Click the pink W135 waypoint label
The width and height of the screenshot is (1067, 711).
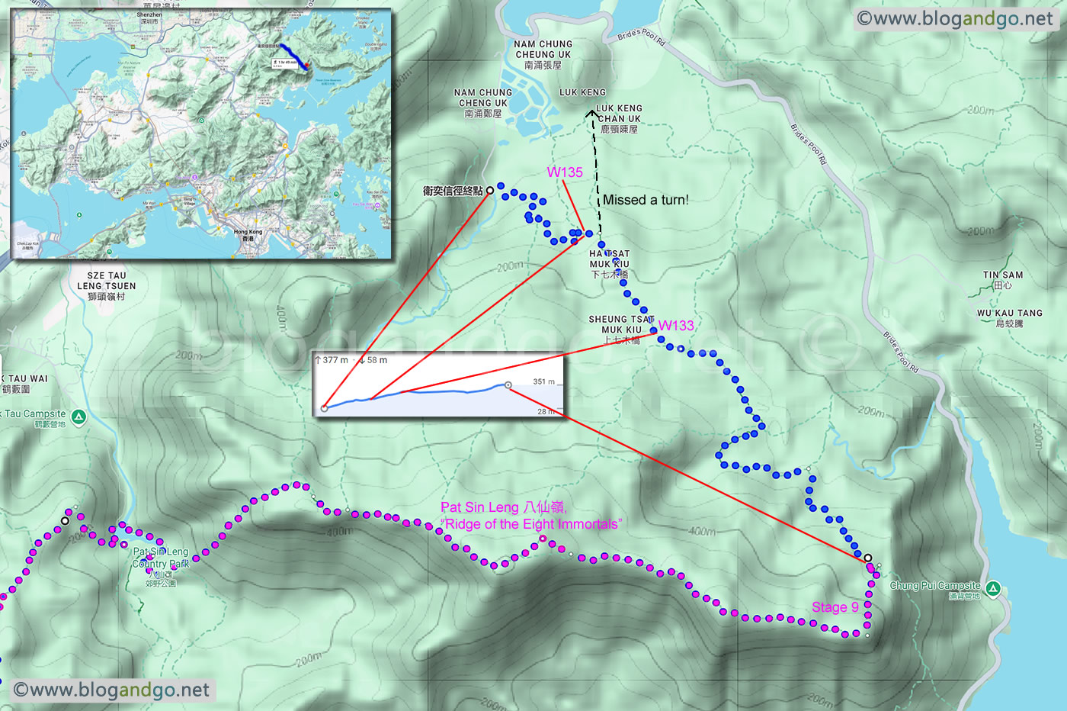(x=565, y=172)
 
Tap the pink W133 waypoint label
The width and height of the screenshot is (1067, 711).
(x=676, y=326)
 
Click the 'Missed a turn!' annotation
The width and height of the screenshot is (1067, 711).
(x=646, y=200)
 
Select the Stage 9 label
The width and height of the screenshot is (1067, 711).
(x=835, y=607)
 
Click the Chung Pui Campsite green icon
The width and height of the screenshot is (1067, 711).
(x=992, y=588)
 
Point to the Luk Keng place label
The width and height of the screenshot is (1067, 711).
(x=582, y=92)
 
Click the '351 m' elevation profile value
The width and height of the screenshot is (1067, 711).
(x=543, y=381)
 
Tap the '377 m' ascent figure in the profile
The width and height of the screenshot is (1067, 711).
(x=334, y=360)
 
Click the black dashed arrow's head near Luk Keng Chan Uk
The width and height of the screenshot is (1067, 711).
(x=592, y=114)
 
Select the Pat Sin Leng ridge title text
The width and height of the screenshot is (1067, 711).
(x=530, y=516)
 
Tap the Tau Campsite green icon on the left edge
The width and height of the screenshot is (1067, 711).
(x=79, y=417)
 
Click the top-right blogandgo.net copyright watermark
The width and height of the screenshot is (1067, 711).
(x=955, y=19)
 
